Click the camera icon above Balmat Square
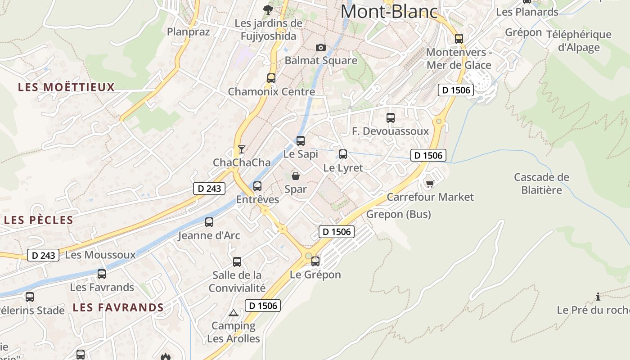click(320, 47)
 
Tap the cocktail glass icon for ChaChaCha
click(242, 149)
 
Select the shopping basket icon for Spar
click(296, 176)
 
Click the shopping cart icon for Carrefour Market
click(430, 184)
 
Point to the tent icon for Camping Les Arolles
click(233, 313)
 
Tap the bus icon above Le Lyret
click(343, 154)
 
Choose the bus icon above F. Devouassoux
click(391, 118)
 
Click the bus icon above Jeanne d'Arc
click(209, 222)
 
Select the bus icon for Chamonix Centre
click(271, 78)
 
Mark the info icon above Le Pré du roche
click(598, 297)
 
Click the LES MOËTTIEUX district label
click(67, 87)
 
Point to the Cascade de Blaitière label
click(541, 184)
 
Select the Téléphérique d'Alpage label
click(579, 41)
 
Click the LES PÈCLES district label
click(38, 220)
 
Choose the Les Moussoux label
click(100, 255)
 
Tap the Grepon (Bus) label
click(398, 214)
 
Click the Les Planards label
click(527, 12)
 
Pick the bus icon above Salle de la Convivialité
click(237, 261)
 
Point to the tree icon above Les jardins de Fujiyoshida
click(268, 9)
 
